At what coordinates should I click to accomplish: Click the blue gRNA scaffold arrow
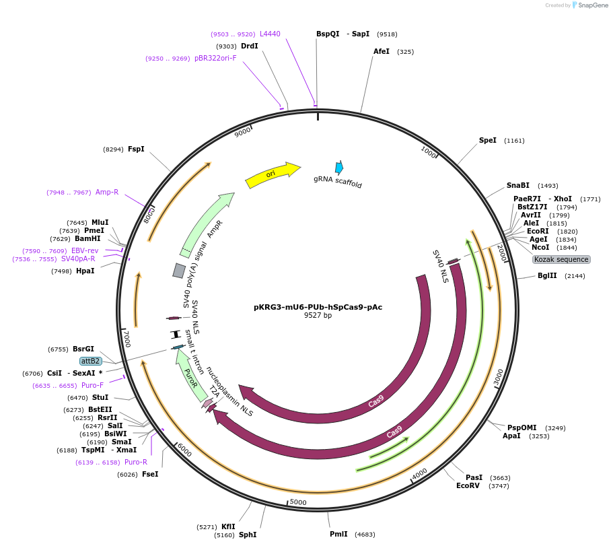click(339, 168)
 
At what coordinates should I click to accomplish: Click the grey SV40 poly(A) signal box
click(179, 271)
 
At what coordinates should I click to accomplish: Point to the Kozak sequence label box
click(561, 259)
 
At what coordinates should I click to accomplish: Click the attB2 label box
click(90, 361)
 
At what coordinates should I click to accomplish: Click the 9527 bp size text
click(318, 315)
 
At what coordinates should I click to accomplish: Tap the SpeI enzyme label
click(487, 140)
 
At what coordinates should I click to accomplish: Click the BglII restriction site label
click(546, 275)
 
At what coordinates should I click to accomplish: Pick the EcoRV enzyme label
click(468, 485)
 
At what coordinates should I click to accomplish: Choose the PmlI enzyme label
click(338, 534)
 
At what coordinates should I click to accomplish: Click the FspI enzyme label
click(136, 149)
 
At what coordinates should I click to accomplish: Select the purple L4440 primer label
click(270, 34)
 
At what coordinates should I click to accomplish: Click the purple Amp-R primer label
click(107, 192)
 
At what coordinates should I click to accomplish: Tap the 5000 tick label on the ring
click(297, 502)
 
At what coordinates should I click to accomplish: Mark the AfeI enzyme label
click(382, 51)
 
